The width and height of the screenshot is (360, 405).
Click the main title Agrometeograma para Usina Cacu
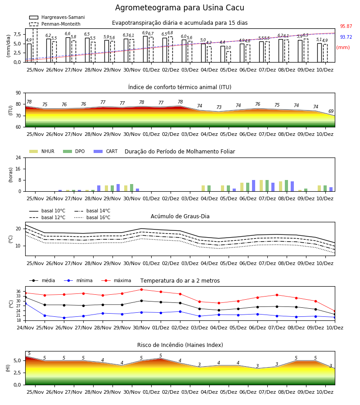(x=180, y=8)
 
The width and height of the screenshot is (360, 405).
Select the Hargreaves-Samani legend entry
(x=57, y=17)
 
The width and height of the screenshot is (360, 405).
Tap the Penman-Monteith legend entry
(x=55, y=24)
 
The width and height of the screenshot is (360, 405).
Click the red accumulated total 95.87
(x=346, y=27)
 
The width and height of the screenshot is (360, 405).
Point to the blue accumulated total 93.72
(x=346, y=37)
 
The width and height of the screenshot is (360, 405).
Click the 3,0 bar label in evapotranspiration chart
(x=228, y=48)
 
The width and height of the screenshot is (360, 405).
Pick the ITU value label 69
(x=331, y=111)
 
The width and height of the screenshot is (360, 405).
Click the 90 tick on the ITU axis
(x=18, y=93)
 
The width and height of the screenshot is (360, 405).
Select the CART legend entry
(x=106, y=151)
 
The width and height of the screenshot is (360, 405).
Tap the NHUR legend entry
(x=42, y=151)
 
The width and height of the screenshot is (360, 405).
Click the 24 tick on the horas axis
(x=18, y=157)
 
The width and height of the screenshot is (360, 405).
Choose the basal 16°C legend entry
(x=92, y=217)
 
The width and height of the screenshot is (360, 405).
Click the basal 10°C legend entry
(x=47, y=211)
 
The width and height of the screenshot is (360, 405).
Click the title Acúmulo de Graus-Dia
(x=180, y=216)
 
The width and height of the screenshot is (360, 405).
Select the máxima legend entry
(x=116, y=280)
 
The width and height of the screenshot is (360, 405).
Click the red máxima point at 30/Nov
(x=141, y=289)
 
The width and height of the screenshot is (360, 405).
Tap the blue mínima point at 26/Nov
(x=64, y=318)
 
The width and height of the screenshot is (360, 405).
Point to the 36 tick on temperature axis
(x=18, y=291)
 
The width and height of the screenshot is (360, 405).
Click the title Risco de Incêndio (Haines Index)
(x=180, y=345)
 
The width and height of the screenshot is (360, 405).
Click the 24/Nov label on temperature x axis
(x=25, y=328)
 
